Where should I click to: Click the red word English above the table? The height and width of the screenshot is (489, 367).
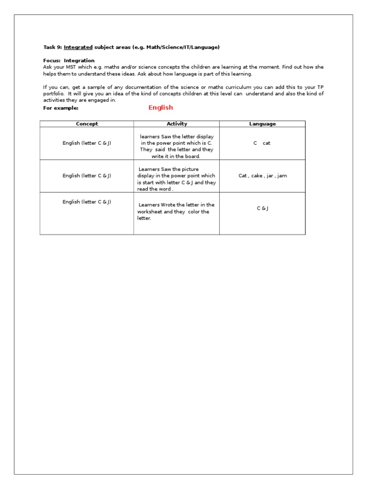[161, 107]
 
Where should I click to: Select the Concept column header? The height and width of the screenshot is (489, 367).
[86, 124]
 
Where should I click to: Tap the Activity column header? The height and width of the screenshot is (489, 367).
[176, 124]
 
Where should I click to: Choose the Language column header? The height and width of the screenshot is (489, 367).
[262, 124]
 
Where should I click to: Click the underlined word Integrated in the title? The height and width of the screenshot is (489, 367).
[78, 47]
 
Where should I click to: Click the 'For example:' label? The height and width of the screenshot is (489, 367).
[61, 108]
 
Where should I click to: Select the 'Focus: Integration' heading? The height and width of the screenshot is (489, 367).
[69, 61]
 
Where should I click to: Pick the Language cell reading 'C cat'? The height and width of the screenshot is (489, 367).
[262, 143]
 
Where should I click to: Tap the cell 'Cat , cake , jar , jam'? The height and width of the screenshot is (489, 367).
[262, 176]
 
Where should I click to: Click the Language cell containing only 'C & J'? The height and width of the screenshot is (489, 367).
[262, 208]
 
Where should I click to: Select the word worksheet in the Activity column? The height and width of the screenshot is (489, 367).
[150, 212]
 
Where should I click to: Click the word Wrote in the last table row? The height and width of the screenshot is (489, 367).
[171, 205]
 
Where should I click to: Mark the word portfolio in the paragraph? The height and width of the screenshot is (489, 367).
[53, 94]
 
